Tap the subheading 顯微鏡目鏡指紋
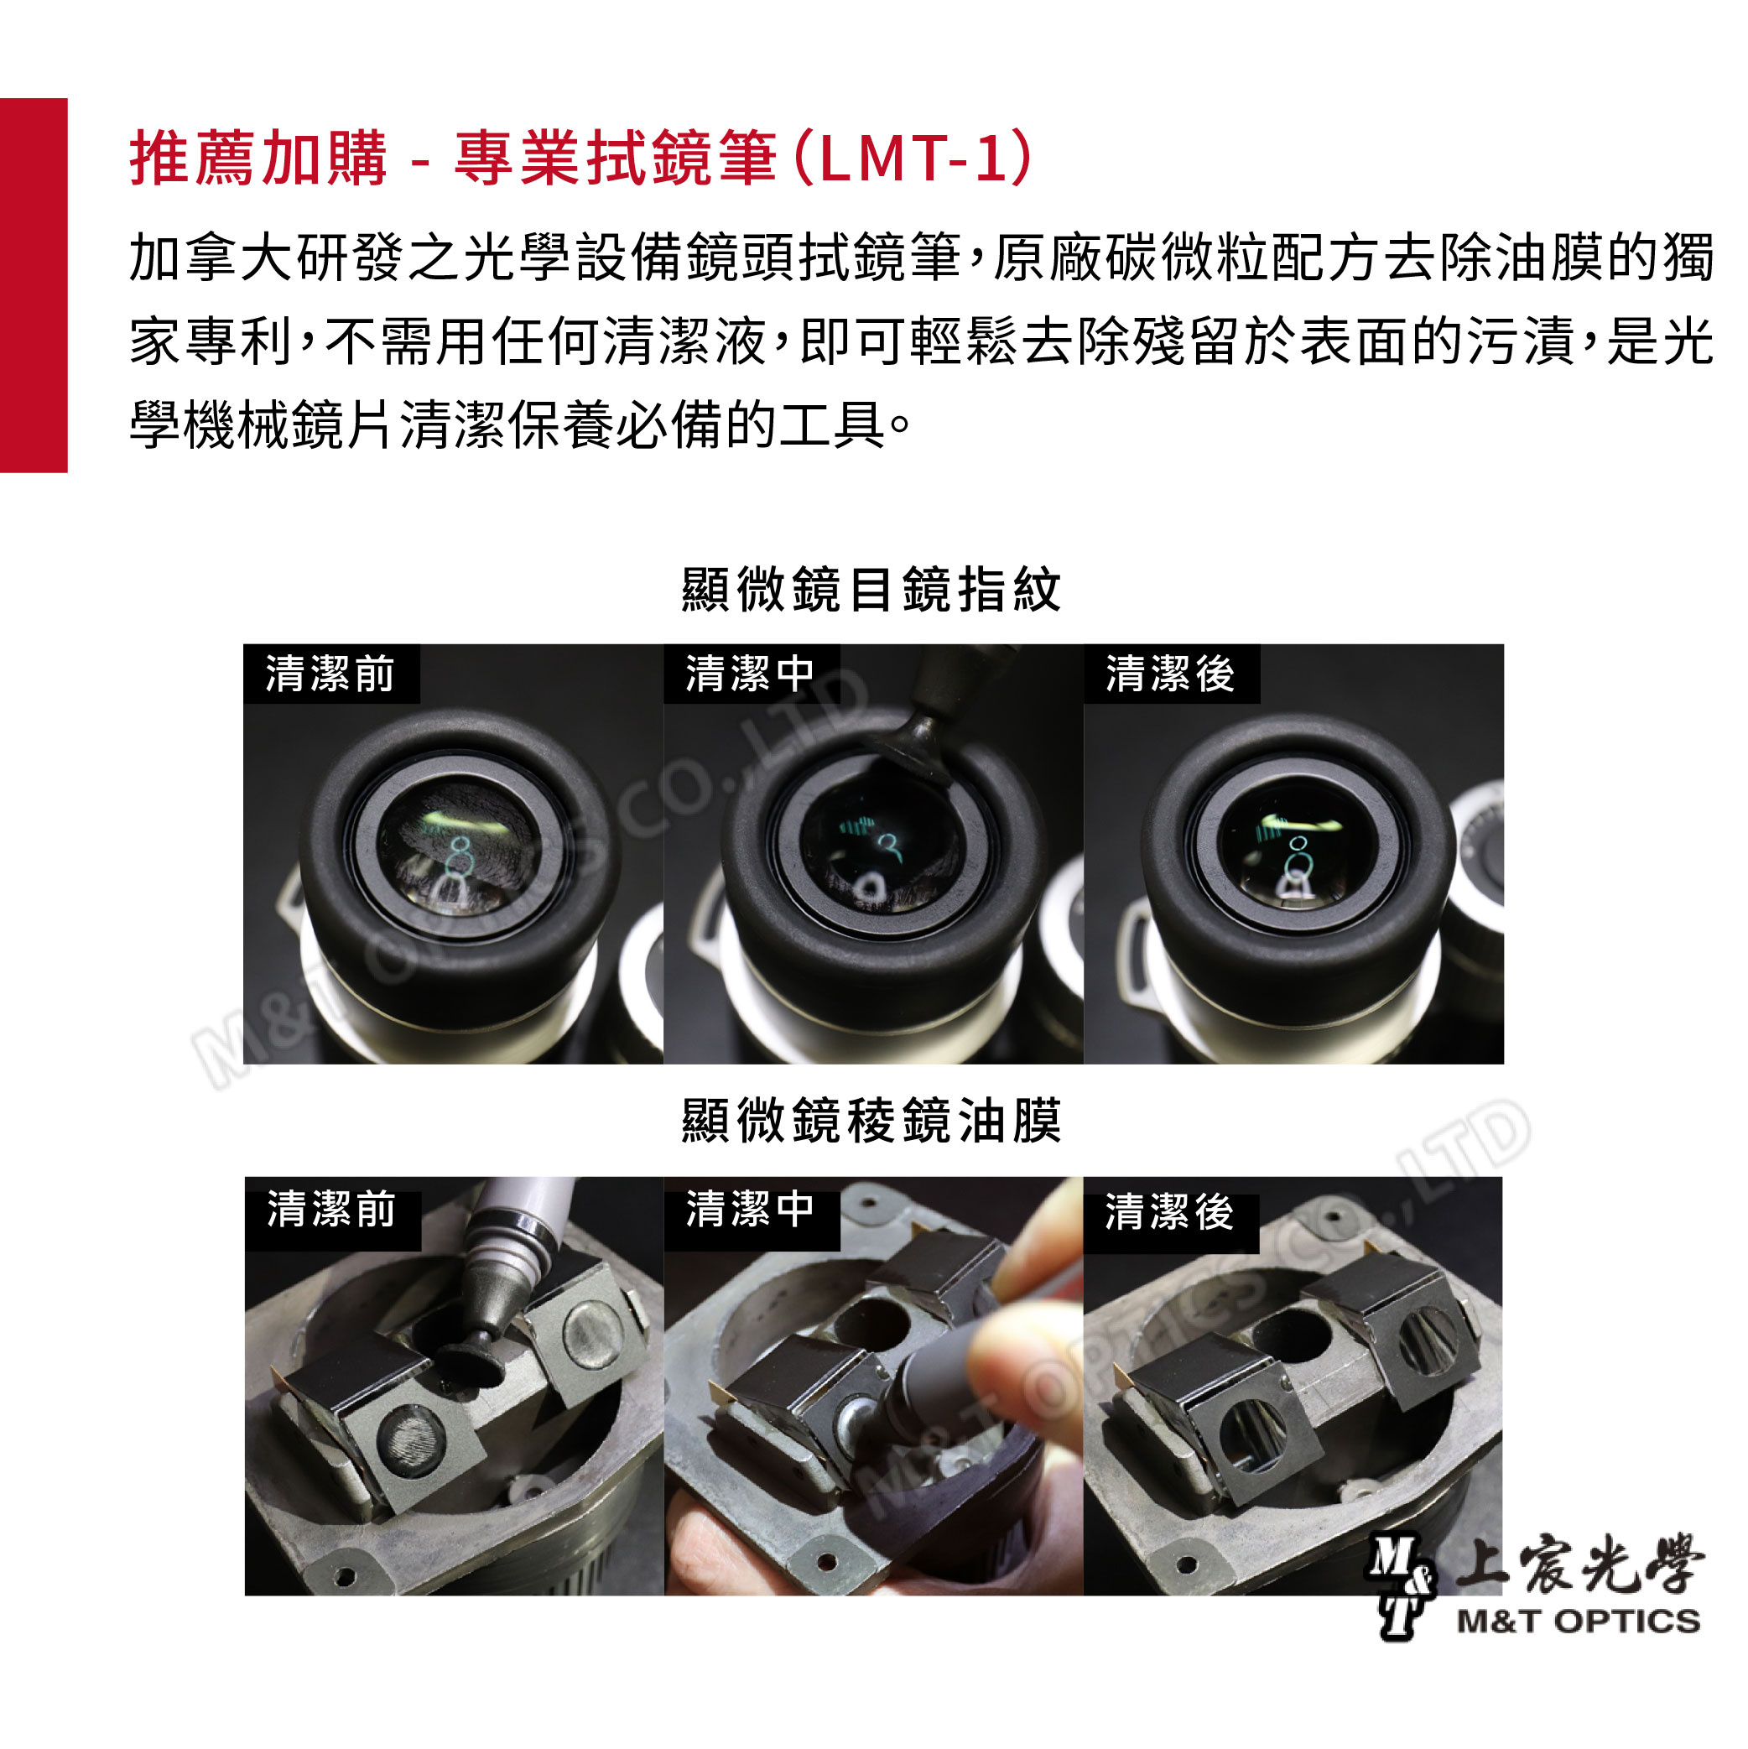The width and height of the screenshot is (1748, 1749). pyautogui.click(x=871, y=591)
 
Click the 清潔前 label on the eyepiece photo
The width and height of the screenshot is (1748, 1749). pyautogui.click(x=330, y=674)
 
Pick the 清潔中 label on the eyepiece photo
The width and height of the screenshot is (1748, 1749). pyautogui.click(x=751, y=674)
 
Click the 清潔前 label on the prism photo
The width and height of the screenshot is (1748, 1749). pyautogui.click(x=331, y=1210)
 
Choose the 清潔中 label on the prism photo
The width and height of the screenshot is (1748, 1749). pyautogui.click(x=751, y=1210)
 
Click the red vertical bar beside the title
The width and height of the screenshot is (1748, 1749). pyautogui.click(x=34, y=285)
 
